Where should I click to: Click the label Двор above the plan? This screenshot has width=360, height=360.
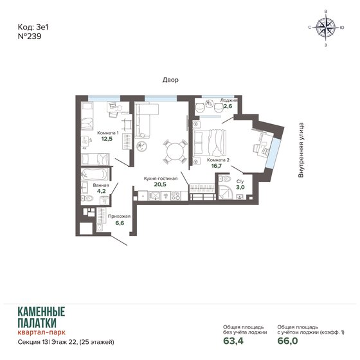coord(170,80)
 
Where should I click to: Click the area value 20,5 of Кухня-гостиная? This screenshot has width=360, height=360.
coord(160,183)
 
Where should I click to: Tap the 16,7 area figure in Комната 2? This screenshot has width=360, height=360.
coord(217,166)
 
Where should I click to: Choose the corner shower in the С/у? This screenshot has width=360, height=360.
coord(228,191)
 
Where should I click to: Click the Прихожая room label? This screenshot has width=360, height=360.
coord(120,216)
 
